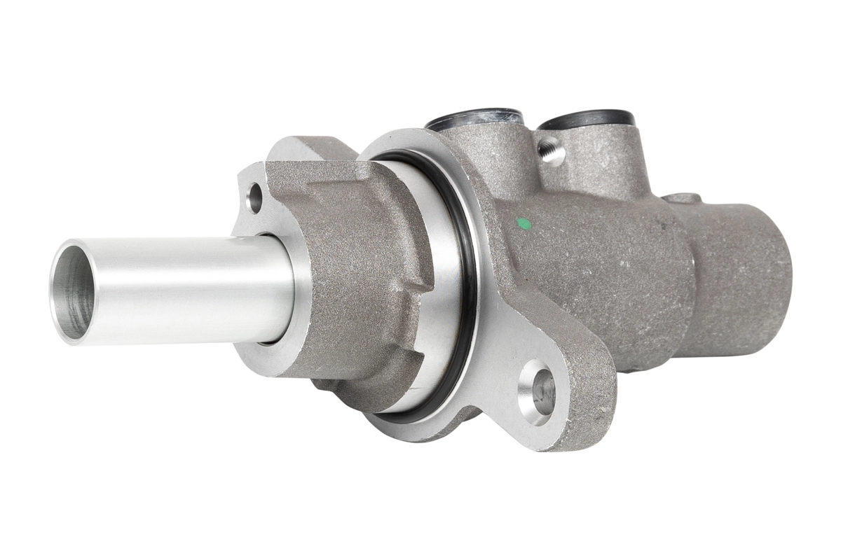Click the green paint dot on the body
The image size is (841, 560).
[x=521, y=224]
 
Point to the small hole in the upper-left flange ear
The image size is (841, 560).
[x=255, y=197]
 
